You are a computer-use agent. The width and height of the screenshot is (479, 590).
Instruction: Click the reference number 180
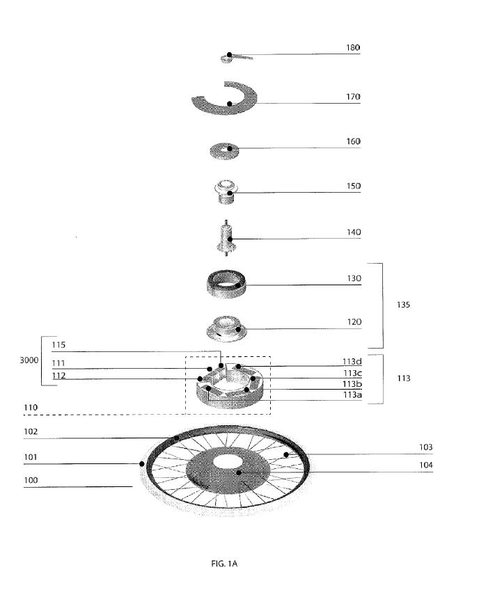click(x=353, y=47)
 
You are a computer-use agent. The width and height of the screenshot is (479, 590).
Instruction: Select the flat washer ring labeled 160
click(x=224, y=151)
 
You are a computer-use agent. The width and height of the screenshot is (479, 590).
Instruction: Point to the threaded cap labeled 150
click(x=227, y=191)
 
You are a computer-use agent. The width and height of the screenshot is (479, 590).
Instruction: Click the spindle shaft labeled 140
click(x=227, y=238)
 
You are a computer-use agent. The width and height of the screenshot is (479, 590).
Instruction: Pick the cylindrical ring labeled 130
click(x=227, y=285)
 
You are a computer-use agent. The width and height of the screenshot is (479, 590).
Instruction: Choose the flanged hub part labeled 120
click(x=226, y=328)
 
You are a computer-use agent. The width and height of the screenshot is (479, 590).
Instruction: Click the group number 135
click(x=403, y=305)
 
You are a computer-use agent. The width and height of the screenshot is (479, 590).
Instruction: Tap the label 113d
click(x=352, y=362)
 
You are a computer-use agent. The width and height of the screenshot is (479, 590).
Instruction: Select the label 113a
click(x=352, y=394)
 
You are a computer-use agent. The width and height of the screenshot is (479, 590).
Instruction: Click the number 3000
click(x=29, y=360)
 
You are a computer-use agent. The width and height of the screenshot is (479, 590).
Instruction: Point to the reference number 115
click(x=58, y=344)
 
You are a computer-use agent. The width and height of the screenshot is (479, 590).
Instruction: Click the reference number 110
click(x=31, y=408)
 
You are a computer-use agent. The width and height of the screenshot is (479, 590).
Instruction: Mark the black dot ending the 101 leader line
click(x=142, y=463)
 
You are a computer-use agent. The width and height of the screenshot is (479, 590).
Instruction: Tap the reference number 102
click(x=31, y=431)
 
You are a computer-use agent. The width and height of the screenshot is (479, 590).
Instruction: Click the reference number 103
click(x=426, y=447)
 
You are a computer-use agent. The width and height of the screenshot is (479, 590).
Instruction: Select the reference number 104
click(x=426, y=465)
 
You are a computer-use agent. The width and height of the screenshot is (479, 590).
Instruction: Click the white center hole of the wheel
click(x=227, y=462)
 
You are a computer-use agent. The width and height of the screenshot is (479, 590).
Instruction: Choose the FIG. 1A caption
click(x=224, y=564)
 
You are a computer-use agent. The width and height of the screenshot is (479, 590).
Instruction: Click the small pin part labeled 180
click(x=235, y=58)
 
